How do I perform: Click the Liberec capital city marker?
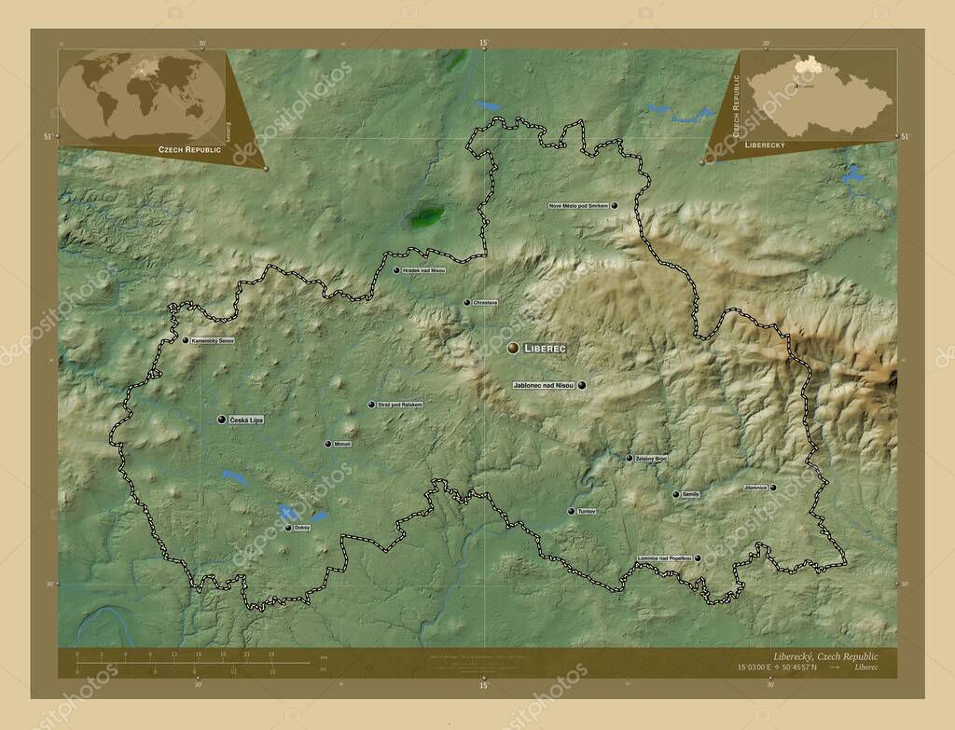512,348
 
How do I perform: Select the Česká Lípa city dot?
221,420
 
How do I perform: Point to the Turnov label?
587,511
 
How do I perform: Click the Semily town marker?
675,494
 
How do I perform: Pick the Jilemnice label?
755,487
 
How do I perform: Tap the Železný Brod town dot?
629,458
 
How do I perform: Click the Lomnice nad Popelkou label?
664,558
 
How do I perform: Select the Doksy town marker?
288,528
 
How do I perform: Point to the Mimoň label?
342,444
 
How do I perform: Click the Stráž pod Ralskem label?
401,405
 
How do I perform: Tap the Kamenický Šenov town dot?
185,340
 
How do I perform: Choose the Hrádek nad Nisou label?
424,270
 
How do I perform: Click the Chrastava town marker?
466,302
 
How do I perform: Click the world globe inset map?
143,95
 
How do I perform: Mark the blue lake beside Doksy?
288,512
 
